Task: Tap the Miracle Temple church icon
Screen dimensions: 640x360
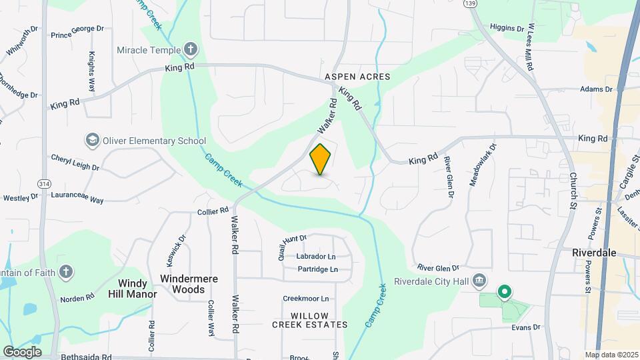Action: coord(191,50)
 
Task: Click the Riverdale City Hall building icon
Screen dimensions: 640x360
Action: coord(479,280)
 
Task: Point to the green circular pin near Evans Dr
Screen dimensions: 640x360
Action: coord(505,291)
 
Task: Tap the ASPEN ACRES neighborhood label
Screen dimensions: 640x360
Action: coord(357,77)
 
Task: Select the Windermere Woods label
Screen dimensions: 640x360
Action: coord(189,284)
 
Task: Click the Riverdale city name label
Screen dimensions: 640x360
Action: coord(594,253)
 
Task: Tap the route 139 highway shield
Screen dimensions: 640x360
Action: coord(471,4)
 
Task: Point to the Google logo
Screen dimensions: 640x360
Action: coord(22,351)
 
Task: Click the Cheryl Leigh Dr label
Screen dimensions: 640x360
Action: coord(75,162)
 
